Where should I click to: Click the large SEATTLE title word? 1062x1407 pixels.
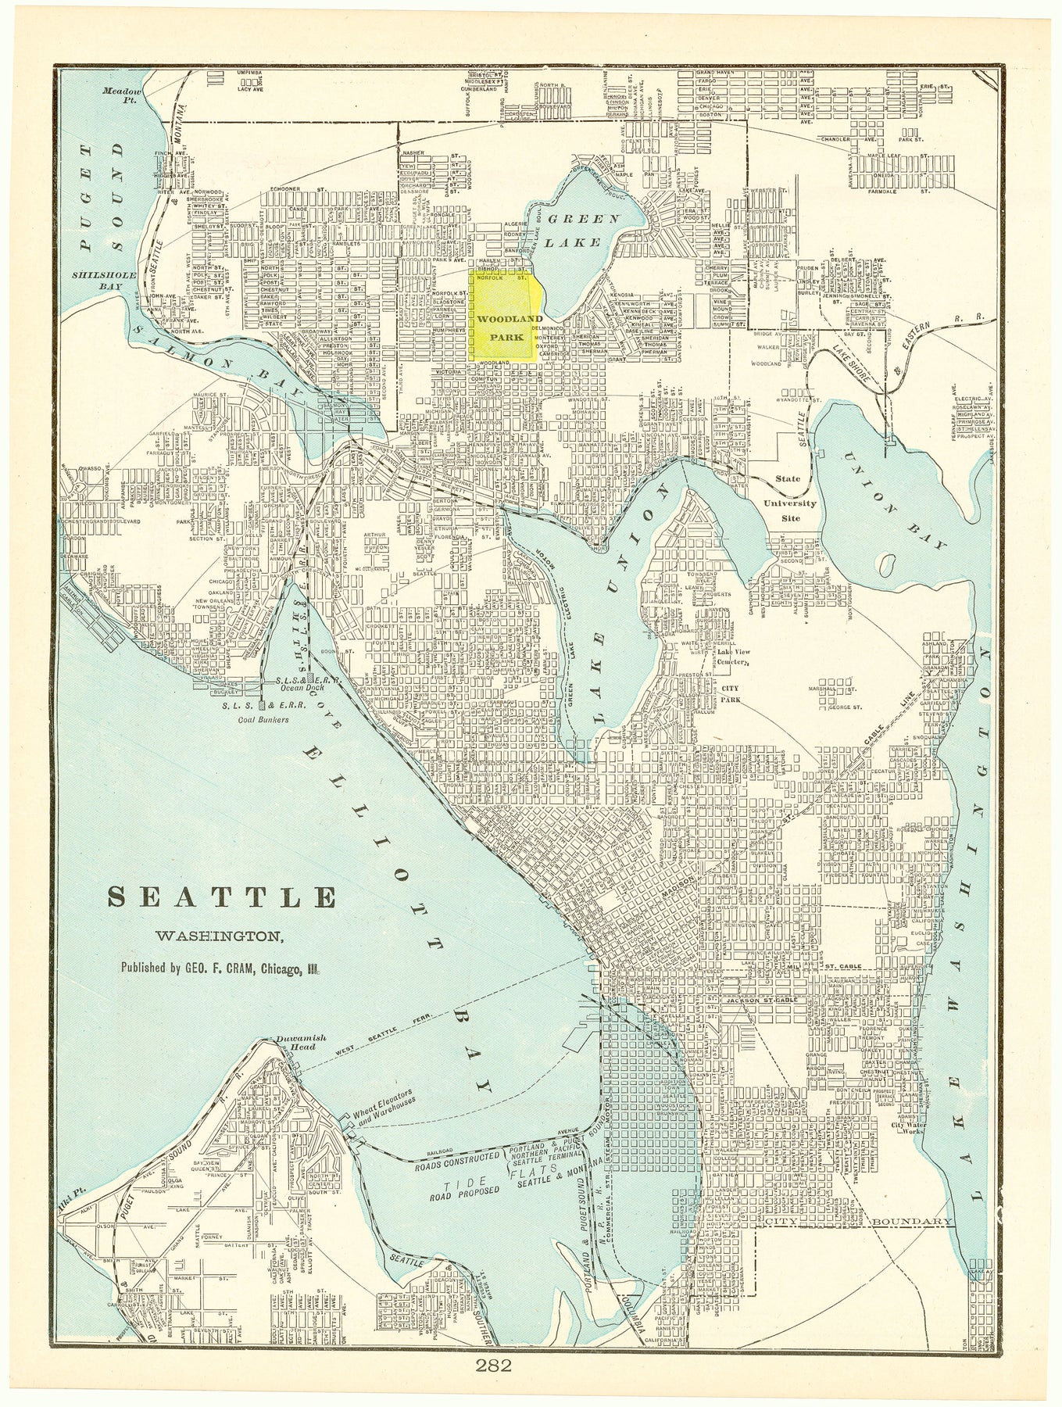[222, 897]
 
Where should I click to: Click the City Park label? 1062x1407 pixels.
[730, 694]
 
